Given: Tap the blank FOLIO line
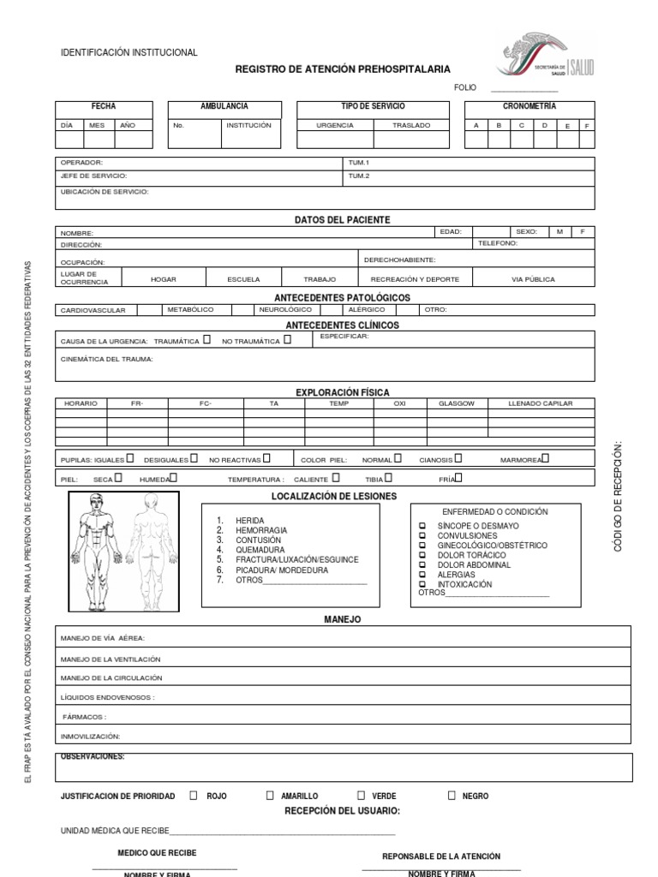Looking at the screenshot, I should [523, 88].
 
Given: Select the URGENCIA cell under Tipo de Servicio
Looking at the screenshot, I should [335, 125].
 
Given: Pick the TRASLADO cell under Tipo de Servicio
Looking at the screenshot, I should [411, 125].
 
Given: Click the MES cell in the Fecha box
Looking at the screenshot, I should [97, 125].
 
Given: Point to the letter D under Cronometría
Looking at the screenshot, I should [544, 125].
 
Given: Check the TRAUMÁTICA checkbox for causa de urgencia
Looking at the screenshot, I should [206, 340].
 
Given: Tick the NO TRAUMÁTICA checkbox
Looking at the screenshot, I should [287, 340].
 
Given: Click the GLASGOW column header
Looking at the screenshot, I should [456, 403].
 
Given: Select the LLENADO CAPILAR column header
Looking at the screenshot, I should [540, 403].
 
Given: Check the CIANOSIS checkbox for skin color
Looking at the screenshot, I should [459, 459].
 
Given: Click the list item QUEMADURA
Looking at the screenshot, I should [260, 550].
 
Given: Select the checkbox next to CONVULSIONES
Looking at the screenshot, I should [422, 536].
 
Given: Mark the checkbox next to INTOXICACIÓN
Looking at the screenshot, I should [422, 584].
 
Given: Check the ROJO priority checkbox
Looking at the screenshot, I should [194, 795].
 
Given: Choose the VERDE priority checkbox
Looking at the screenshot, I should [361, 795].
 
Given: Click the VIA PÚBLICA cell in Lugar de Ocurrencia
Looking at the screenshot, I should [533, 279].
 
